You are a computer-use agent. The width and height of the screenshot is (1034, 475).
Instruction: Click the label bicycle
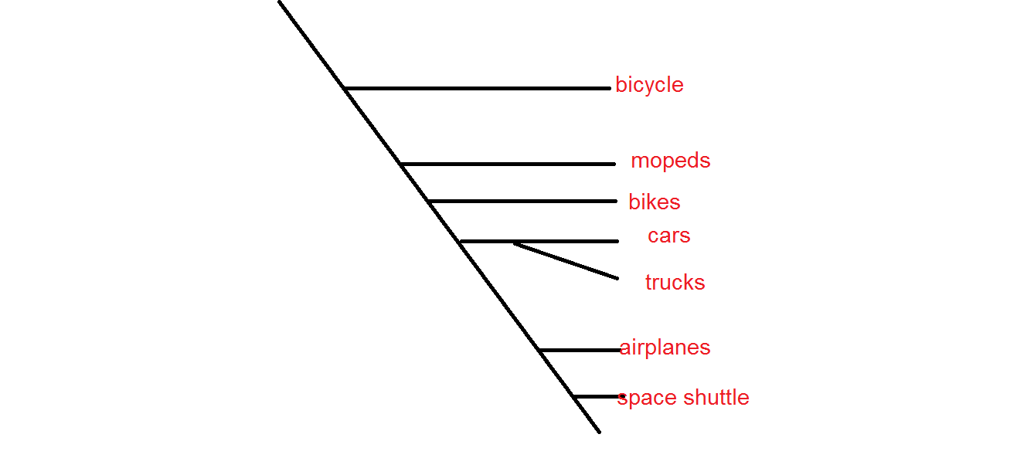[x=649, y=85]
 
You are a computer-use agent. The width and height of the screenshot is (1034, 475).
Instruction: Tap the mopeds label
[x=670, y=161]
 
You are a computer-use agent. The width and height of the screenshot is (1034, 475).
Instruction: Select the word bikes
[x=654, y=202]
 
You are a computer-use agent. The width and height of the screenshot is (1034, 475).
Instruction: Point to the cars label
[x=668, y=236]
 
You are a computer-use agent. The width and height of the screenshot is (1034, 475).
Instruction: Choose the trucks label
[x=675, y=283]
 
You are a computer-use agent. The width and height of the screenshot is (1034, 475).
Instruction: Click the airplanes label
[x=665, y=348]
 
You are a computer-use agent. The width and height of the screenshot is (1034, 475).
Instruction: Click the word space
[x=645, y=399]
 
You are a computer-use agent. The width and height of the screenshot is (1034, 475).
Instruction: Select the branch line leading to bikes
[x=522, y=202]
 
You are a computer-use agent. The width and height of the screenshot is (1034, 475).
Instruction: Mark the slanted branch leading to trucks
[x=566, y=260]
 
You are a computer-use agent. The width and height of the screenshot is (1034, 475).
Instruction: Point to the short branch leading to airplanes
[x=580, y=351]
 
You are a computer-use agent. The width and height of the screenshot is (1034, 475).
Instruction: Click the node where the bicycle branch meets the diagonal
[x=345, y=89]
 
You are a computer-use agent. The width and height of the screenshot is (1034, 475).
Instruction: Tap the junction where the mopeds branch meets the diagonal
[x=401, y=164]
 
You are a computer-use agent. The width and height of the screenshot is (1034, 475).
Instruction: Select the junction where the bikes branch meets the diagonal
[x=428, y=202]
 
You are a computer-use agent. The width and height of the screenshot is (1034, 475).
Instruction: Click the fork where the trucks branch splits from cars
[x=514, y=243]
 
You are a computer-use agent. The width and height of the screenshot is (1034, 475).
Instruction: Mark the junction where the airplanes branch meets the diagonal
[x=539, y=351]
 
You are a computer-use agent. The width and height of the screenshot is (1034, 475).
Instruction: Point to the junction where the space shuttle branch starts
[x=573, y=397]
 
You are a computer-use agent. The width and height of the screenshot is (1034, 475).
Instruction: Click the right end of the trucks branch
[x=617, y=278]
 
